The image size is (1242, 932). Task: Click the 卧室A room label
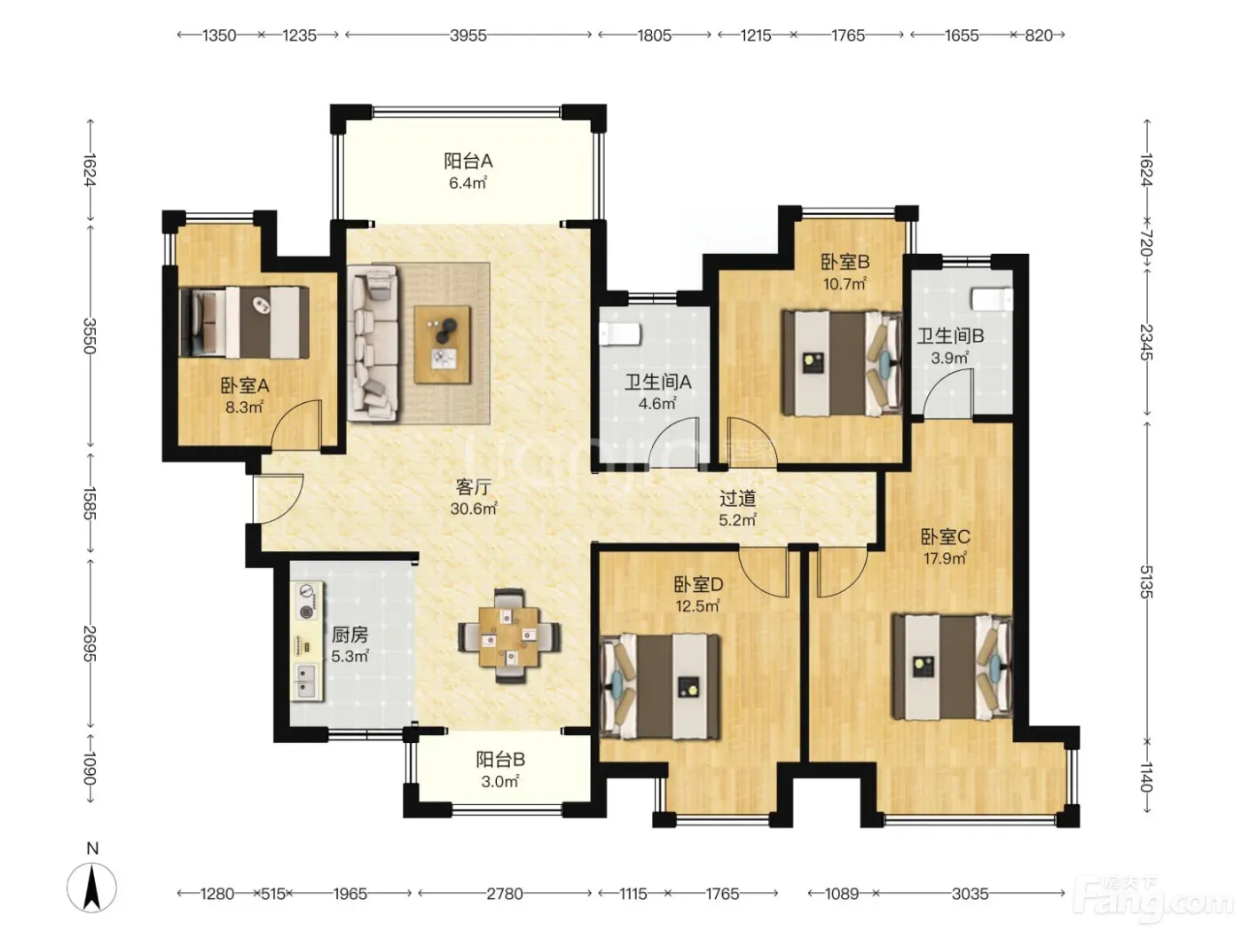[x=245, y=386]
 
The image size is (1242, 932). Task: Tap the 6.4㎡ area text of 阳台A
[x=468, y=183]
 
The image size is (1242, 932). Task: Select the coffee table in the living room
[x=443, y=344]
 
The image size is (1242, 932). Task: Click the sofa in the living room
[x=373, y=344]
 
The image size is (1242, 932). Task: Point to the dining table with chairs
[x=510, y=636]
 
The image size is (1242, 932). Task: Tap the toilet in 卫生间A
[x=619, y=334]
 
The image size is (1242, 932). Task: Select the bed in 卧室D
[x=660, y=686]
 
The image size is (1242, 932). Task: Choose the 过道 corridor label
[x=737, y=499]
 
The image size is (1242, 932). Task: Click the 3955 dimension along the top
[x=468, y=36]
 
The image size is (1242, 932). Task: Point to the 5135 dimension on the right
[x=1146, y=581]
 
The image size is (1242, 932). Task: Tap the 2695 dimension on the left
[x=90, y=644]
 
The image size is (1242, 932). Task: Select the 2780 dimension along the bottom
[x=505, y=894]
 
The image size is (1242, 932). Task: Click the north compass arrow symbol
[x=91, y=889]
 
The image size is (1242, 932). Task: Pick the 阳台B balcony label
[x=500, y=760]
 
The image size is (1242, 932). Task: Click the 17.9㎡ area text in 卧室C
[x=945, y=558]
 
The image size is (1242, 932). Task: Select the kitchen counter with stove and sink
[x=307, y=641]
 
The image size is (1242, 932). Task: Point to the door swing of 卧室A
[x=296, y=425]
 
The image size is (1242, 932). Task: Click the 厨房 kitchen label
[x=350, y=635]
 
